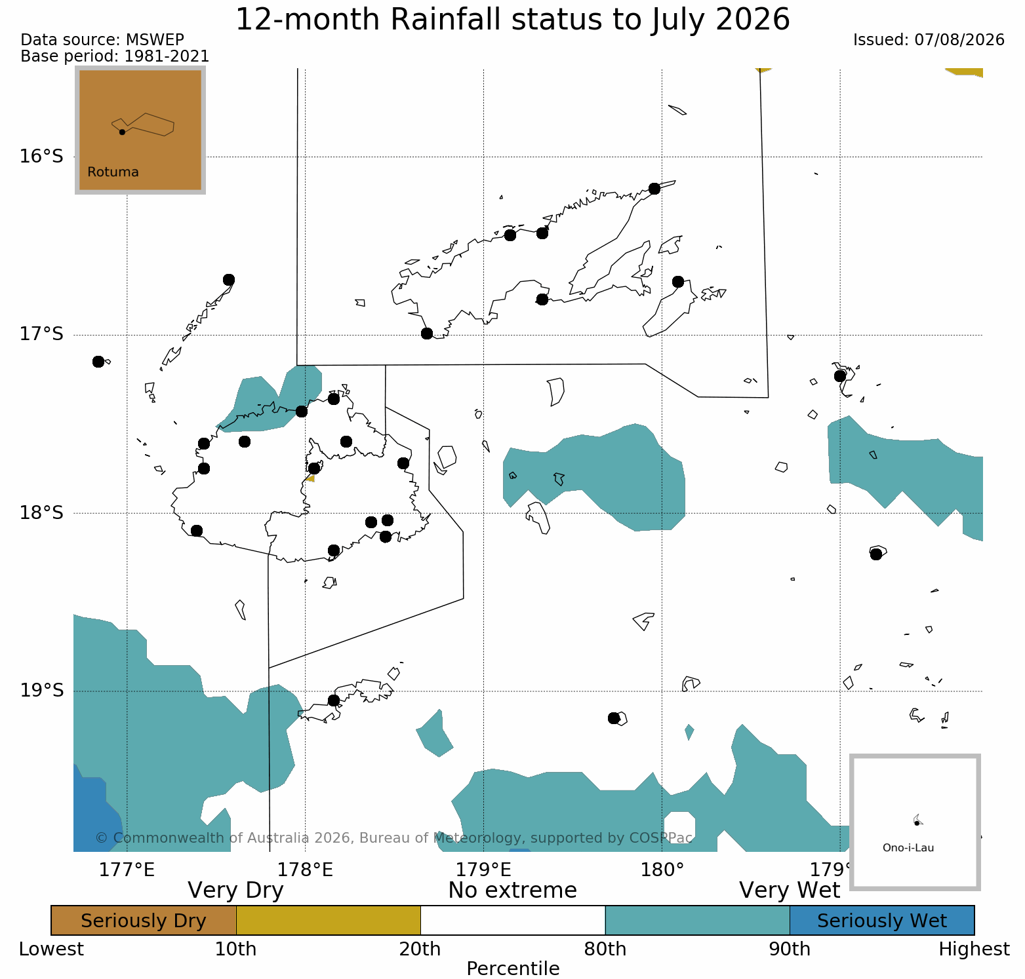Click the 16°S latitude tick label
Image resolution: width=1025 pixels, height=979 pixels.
coord(41,157)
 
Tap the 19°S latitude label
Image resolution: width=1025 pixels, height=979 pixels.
coord(41,691)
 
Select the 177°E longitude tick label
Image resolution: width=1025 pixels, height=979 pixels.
coord(127,870)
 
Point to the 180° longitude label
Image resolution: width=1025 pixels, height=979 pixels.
coord(662,870)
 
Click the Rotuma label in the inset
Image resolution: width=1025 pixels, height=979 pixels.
coord(113,172)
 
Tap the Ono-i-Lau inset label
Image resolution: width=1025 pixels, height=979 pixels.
coord(908,848)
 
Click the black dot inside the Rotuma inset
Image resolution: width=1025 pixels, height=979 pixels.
coord(122,132)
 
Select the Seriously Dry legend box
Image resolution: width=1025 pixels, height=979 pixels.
coord(144,921)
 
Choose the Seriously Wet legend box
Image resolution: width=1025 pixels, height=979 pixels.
coord(882,921)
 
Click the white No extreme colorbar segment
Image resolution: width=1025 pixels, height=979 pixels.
coord(513,921)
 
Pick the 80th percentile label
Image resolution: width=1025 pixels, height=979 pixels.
coord(605,949)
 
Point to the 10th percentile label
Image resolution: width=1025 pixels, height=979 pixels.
coord(236,949)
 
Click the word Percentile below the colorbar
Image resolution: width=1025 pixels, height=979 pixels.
coord(513,969)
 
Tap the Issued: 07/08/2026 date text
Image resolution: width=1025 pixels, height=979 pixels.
coord(929,40)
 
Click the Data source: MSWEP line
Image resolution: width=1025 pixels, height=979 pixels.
coord(102,40)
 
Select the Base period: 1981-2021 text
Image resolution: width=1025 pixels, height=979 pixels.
coord(115,56)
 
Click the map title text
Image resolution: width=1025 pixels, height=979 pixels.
coord(513,20)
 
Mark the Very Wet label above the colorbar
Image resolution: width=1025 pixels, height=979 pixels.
coord(790,890)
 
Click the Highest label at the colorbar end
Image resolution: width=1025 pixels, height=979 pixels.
coord(975,949)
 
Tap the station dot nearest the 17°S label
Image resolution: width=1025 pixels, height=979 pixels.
coord(98,362)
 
